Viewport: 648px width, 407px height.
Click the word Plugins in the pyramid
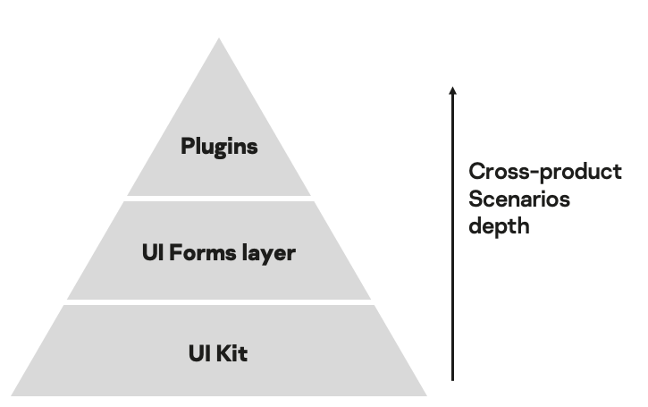(219, 146)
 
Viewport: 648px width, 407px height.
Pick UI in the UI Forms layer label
(151, 252)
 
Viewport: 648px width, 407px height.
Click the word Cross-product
(544, 172)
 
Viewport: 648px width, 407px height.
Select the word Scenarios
(518, 198)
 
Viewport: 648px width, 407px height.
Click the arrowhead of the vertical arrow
(452, 90)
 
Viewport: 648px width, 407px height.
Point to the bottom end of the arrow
(452, 379)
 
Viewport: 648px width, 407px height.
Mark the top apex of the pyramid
(219, 40)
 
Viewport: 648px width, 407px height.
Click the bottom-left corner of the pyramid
(13, 394)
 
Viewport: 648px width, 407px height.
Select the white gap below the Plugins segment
(219, 198)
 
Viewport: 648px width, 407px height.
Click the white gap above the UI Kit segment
(219, 301)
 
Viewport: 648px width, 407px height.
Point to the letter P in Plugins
(188, 146)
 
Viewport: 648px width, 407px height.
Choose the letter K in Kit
(223, 353)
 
